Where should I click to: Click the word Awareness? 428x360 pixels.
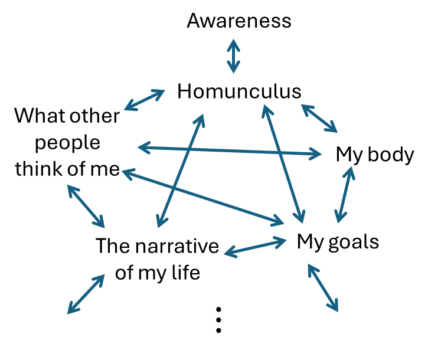tap(239, 21)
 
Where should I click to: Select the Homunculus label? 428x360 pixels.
tap(239, 91)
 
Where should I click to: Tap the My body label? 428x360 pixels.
tap(375, 155)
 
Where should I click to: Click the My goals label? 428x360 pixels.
tap(338, 241)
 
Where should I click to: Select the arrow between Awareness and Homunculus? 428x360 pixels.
tap(234, 56)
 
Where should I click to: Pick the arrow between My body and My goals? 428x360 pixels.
tap(345, 195)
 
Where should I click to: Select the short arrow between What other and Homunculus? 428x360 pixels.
tap(145, 100)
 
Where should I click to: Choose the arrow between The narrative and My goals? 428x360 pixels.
tap(254, 247)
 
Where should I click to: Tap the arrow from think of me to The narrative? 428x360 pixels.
tap(86, 207)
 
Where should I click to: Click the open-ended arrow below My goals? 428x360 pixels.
tap(324, 287)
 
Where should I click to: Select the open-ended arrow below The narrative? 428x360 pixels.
tap(86, 293)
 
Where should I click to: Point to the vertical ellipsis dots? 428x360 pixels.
tap(218, 320)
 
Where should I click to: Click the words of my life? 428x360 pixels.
tap(158, 273)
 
